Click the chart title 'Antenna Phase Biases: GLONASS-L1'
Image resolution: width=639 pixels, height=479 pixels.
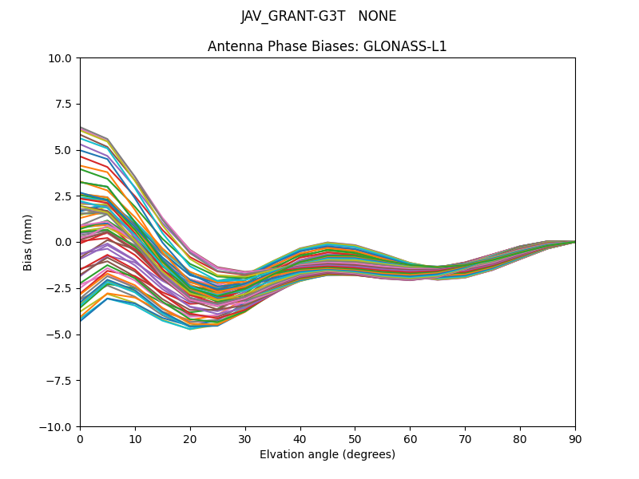tap(327, 46)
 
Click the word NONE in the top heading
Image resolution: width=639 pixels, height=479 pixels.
tap(377, 17)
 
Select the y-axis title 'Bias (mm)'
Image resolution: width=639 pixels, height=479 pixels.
tap(28, 242)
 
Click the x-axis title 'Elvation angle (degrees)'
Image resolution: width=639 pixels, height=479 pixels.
tap(327, 454)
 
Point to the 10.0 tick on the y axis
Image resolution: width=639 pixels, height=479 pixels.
tap(62, 57)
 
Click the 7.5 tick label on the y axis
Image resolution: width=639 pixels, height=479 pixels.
tap(64, 104)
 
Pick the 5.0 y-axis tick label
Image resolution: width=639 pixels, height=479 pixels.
tap(64, 150)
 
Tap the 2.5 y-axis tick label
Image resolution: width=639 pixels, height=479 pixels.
tap(64, 196)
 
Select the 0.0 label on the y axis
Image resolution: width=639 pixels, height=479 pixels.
tap(64, 242)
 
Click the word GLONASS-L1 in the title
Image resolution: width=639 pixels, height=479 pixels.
tap(405, 46)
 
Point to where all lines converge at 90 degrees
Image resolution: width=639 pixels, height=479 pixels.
tap(575, 241)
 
